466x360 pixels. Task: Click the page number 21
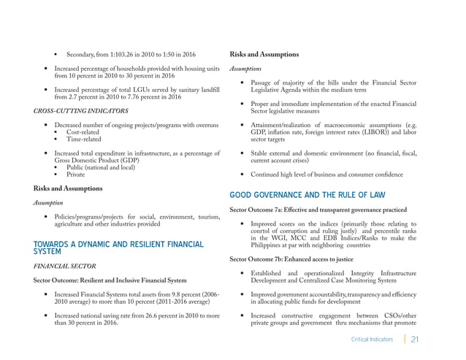(415, 339)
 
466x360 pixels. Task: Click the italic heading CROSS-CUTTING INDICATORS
(81, 110)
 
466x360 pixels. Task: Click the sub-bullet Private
(76, 175)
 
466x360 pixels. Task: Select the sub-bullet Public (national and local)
(104, 167)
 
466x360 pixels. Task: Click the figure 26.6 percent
(153, 315)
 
